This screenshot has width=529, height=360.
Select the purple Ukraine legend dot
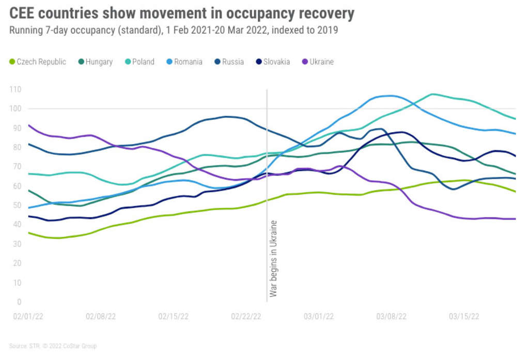pos(305,62)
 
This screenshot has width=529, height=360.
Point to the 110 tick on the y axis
pos(15,89)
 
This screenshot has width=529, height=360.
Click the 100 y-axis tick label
pos(15,108)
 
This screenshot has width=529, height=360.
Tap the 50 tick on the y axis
pos(17,206)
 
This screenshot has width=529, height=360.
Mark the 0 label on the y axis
pos(19,302)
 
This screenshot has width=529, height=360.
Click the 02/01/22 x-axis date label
pos(27,316)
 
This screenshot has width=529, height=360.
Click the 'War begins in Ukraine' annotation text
pos(274,258)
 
